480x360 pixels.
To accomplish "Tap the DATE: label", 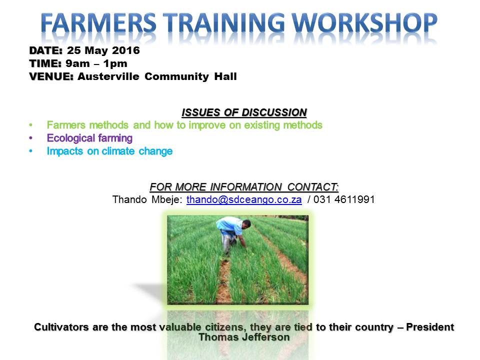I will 45,50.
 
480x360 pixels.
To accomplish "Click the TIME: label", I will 45,63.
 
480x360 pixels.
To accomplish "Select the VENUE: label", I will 51,76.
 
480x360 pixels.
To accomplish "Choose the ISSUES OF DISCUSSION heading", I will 244,111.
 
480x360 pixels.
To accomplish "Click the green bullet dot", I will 31,125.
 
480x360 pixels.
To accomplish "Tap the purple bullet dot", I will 31,138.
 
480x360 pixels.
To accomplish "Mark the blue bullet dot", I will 31,151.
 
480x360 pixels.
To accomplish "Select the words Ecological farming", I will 89,138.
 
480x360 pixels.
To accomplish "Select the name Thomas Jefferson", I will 244,337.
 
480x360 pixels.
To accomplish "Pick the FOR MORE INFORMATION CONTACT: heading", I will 244,187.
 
